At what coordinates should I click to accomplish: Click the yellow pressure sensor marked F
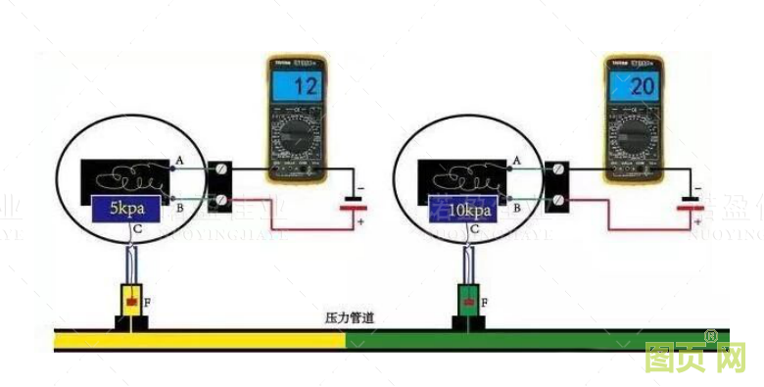[x=129, y=303]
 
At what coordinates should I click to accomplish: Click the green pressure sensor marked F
[x=467, y=303]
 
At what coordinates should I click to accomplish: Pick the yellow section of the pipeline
[x=196, y=339]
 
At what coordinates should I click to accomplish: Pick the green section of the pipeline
[x=539, y=339]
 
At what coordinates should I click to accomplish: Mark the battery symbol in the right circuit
[x=692, y=207]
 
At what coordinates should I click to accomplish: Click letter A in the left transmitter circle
[x=180, y=160]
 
